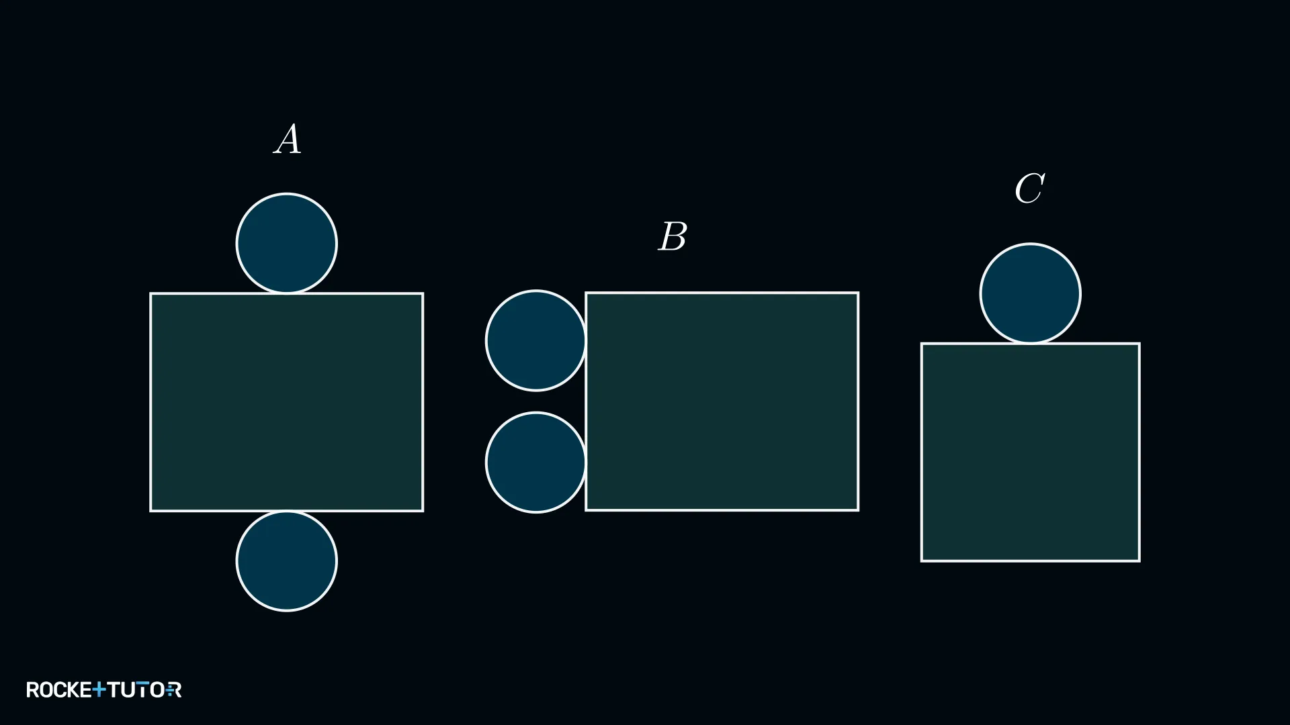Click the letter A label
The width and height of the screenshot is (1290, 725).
[x=288, y=139]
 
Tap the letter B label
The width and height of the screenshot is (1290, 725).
[x=673, y=236]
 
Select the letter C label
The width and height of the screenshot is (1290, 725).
[x=1029, y=188]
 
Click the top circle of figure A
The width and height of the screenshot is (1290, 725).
[x=287, y=243]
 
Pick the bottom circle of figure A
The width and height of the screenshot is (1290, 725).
[x=287, y=561]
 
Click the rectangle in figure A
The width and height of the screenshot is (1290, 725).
[x=287, y=402]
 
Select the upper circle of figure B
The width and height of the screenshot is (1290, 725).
[x=535, y=340]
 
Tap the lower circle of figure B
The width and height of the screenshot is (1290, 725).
[x=535, y=463]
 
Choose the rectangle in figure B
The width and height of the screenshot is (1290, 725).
[x=722, y=401]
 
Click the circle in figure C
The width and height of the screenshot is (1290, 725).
[x=1030, y=293]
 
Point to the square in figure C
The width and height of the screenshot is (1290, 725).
[x=1031, y=452]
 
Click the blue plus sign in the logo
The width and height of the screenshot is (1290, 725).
[x=99, y=689]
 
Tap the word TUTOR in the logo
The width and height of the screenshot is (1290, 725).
[x=144, y=689]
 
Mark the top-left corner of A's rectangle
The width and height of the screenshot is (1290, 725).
[x=150, y=293]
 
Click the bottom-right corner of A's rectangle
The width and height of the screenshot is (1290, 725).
[x=423, y=511]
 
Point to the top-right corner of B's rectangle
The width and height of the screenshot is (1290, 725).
[x=859, y=293]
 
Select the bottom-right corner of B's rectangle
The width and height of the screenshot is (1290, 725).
[x=859, y=510]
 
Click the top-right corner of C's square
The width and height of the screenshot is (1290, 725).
[x=1139, y=344]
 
